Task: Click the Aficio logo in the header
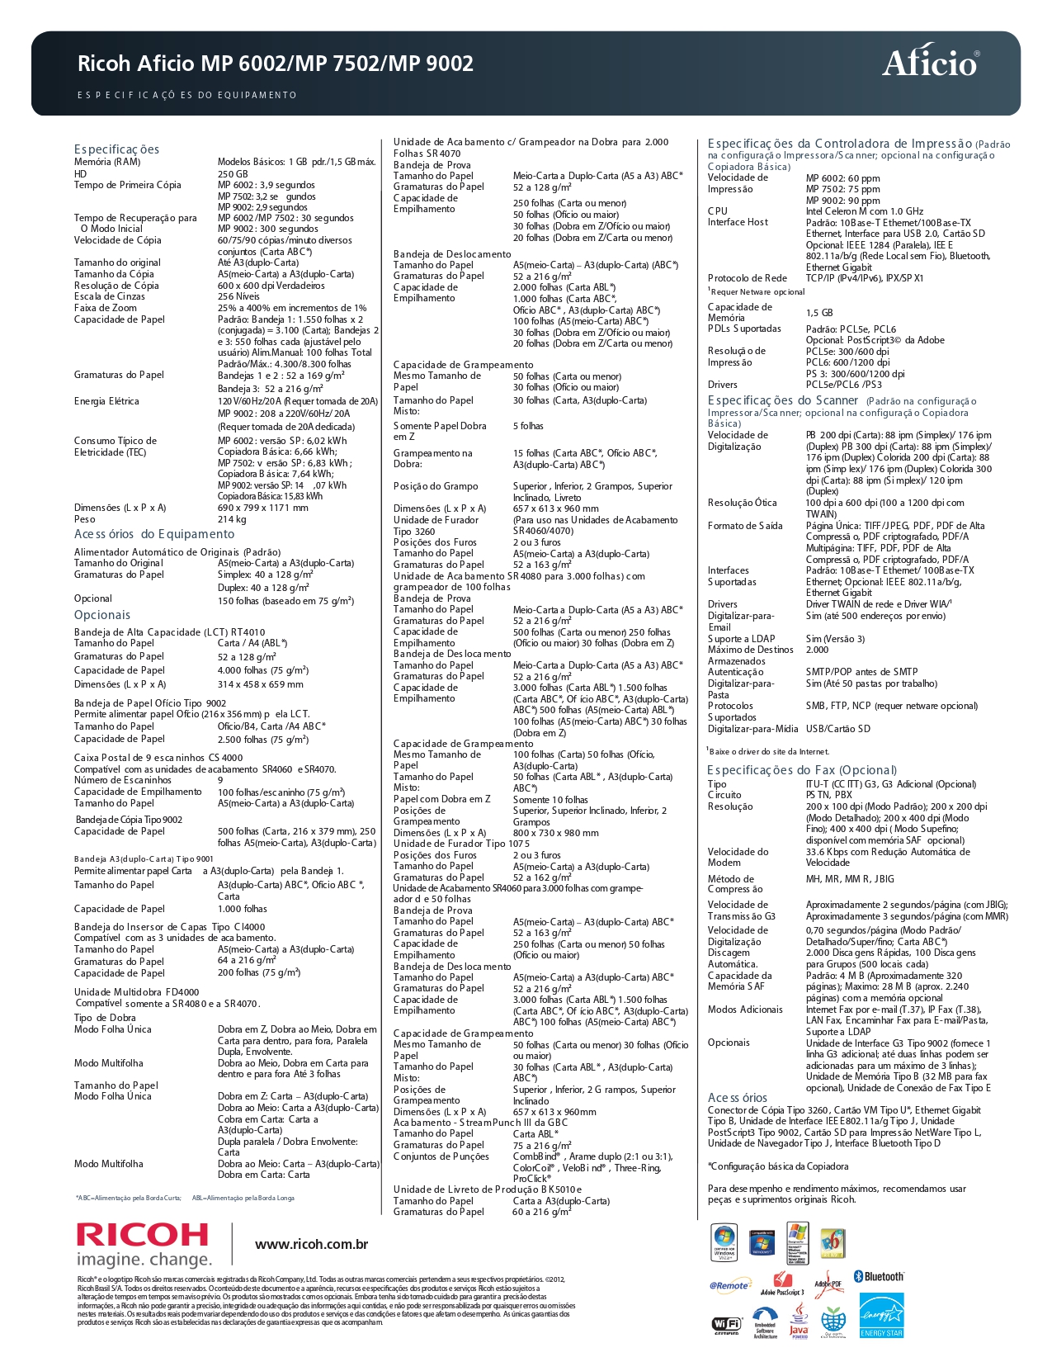(x=930, y=63)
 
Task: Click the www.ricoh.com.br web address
(x=311, y=1244)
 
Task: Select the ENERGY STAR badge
(x=881, y=1314)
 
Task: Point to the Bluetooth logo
(x=879, y=1276)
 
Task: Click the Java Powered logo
(x=799, y=1322)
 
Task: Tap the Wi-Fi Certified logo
(x=727, y=1325)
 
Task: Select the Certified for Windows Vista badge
(x=724, y=1243)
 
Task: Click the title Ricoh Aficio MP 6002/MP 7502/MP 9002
(x=276, y=64)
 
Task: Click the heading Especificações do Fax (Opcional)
(x=801, y=770)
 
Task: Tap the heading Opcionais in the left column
(x=102, y=615)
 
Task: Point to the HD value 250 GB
(x=233, y=174)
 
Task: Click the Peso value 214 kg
(x=232, y=519)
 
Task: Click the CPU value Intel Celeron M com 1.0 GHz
(x=864, y=211)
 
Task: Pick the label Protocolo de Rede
(x=747, y=278)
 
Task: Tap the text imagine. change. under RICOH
(x=144, y=1260)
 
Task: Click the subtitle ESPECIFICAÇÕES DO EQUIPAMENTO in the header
(x=186, y=95)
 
